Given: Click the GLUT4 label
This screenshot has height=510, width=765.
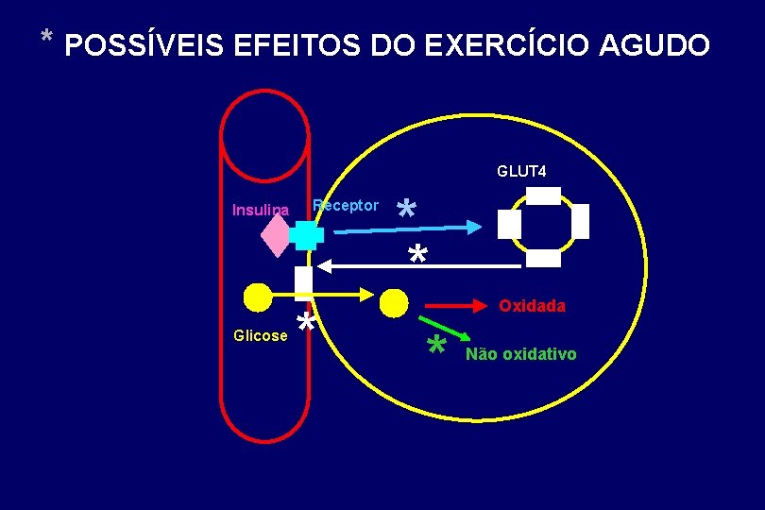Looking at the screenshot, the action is (521, 171).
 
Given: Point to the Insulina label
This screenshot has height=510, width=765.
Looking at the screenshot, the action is (260, 210).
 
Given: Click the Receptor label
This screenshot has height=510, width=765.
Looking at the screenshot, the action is (346, 205).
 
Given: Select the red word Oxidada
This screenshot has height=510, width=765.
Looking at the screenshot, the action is (532, 306).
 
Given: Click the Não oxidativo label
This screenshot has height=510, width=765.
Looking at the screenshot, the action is (520, 354).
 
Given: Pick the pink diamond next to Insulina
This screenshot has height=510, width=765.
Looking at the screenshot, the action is (277, 235).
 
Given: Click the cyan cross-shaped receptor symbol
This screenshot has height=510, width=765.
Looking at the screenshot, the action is (306, 233).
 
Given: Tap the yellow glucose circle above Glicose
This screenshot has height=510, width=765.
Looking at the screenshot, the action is (257, 297).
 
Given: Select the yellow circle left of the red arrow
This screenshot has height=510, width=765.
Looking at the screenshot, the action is (394, 303).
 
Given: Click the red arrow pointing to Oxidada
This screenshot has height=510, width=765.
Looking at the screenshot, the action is (459, 306).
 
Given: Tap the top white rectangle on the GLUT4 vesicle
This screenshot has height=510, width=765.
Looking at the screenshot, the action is (543, 195).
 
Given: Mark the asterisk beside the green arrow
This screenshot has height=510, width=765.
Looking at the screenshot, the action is (435, 347).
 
